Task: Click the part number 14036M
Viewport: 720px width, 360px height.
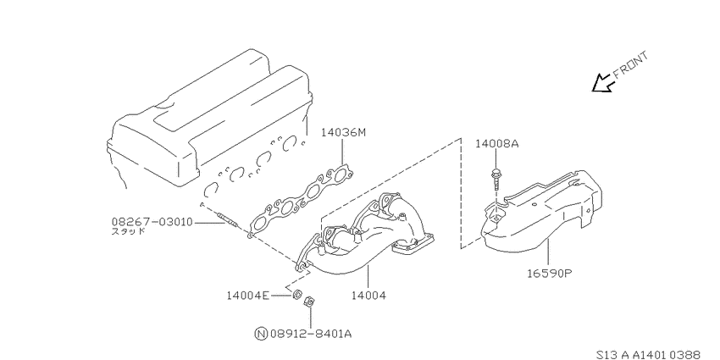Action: [343, 133]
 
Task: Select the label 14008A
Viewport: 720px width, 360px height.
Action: [497, 144]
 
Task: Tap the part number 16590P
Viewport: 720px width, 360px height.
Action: [549, 274]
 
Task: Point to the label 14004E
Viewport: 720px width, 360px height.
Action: [248, 296]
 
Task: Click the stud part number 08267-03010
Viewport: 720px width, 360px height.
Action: [152, 223]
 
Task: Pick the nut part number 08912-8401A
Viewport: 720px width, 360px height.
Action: [310, 334]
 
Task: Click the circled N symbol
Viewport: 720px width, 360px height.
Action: [260, 334]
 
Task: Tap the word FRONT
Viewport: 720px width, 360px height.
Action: [630, 64]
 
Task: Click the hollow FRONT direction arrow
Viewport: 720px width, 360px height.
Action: [602, 83]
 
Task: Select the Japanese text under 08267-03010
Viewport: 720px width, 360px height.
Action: [129, 231]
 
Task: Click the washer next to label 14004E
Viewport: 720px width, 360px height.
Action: [297, 293]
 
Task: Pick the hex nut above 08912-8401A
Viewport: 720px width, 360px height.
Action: [309, 302]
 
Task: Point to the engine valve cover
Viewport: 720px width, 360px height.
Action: [209, 117]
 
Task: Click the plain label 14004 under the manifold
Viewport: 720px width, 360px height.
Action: [368, 296]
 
